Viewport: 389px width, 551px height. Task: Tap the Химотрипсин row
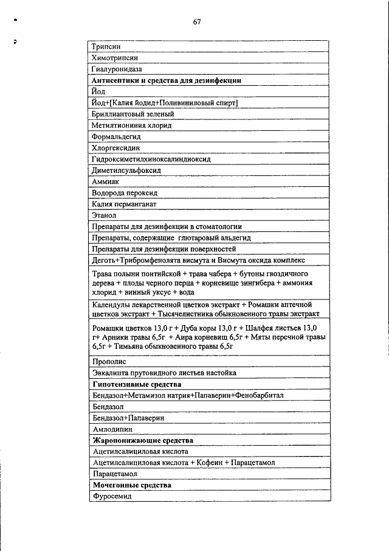[114, 58]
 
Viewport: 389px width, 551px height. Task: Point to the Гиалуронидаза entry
[116, 69]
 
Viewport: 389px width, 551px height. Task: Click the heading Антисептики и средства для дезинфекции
[166, 80]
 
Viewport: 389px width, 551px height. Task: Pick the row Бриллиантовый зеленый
[133, 114]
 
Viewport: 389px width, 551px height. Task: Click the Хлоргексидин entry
[115, 148]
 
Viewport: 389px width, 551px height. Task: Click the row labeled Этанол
[103, 215]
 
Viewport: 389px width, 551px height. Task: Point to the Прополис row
[109, 361]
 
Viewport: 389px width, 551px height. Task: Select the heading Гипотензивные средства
[137, 384]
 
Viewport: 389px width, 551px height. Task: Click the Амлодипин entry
[112, 429]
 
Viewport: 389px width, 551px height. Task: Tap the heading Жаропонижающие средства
[142, 440]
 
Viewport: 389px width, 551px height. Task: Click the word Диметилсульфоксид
[126, 170]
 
